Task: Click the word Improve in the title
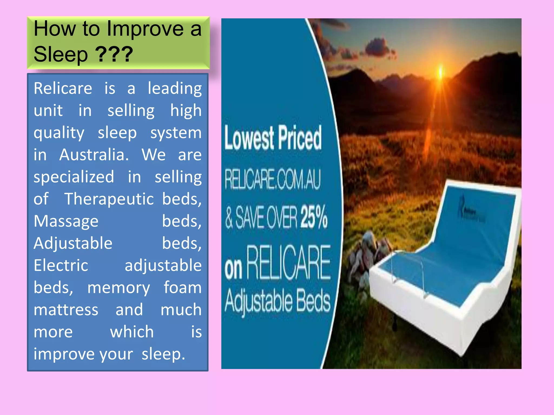145,29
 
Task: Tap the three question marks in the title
114,54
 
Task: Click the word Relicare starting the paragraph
63,88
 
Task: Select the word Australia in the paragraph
94,155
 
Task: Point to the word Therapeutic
109,199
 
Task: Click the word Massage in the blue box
66,221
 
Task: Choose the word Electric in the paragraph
61,265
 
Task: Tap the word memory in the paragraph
118,287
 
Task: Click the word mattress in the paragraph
66,310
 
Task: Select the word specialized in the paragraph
74,177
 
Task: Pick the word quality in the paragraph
59,133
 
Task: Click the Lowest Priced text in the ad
273,138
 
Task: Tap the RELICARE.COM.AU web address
272,179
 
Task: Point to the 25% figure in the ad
314,217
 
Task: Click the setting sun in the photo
440,72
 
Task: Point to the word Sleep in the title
61,54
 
